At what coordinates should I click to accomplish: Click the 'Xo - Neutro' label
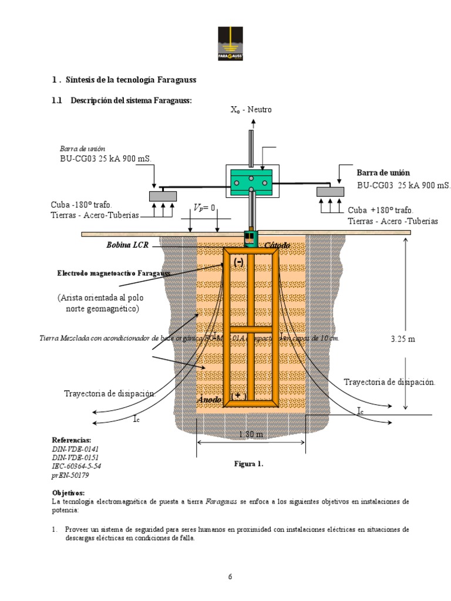251,109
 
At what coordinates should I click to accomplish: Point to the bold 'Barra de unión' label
383,172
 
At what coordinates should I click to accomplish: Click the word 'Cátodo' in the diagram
277,245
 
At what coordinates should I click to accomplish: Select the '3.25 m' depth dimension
403,339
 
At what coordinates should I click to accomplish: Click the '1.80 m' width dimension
251,434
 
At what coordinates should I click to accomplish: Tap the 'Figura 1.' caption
249,464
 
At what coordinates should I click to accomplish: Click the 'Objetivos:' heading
68,492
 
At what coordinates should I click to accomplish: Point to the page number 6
230,576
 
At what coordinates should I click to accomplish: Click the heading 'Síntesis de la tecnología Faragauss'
132,79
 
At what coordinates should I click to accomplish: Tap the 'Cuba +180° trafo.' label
381,210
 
